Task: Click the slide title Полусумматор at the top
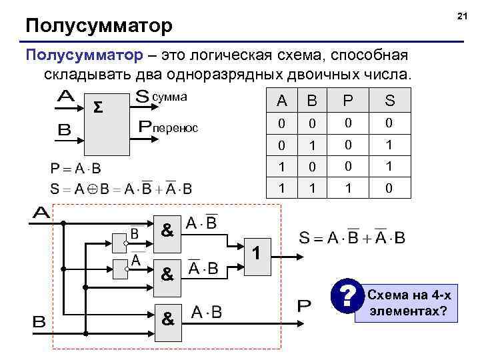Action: click(99, 26)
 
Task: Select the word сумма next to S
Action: click(170, 97)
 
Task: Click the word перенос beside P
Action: click(175, 127)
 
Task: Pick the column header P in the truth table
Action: click(347, 101)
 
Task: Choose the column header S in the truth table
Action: click(389, 101)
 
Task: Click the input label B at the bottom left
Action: click(39, 322)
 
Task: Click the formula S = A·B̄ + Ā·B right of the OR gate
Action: click(352, 237)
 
